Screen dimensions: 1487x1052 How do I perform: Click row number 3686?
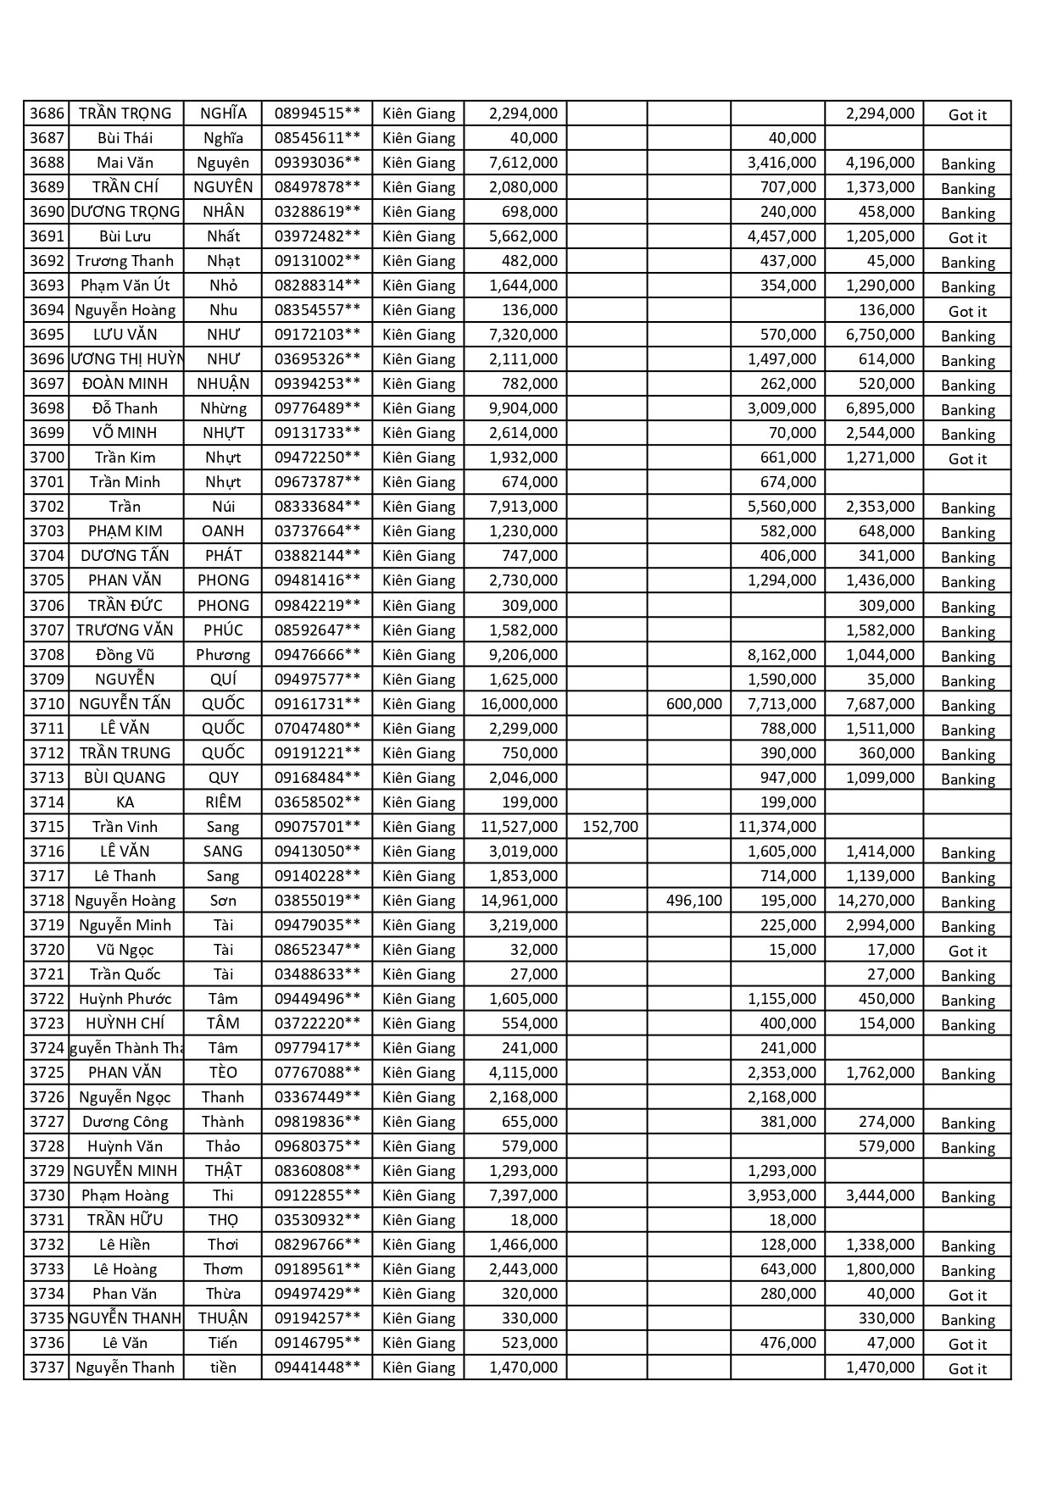click(x=47, y=114)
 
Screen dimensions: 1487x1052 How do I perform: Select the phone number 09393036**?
click(x=317, y=163)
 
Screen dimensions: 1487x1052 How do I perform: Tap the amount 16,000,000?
click(x=519, y=704)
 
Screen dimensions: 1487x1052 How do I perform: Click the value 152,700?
click(x=610, y=827)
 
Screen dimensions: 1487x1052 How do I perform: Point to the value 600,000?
click(x=694, y=704)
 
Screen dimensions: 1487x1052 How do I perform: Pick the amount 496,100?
click(x=694, y=901)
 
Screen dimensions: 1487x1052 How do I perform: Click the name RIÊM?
click(x=223, y=802)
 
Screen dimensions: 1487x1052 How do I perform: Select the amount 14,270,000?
click(x=876, y=901)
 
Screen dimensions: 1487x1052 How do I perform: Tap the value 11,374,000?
click(x=777, y=827)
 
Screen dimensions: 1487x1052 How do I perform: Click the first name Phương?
click(x=223, y=655)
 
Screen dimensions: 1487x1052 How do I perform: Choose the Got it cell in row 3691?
click(x=967, y=238)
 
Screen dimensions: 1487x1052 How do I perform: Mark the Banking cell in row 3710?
click(x=967, y=706)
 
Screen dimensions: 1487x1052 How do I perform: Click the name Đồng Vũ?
click(x=125, y=655)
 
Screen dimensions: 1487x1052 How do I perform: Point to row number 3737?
click(x=47, y=1368)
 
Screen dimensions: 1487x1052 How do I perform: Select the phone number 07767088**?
click(x=317, y=1073)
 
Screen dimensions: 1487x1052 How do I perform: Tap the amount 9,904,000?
click(x=523, y=408)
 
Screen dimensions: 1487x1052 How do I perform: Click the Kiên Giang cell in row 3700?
click(x=419, y=458)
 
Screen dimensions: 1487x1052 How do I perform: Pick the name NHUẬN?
click(x=223, y=384)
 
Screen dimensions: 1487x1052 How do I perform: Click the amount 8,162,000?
click(x=782, y=655)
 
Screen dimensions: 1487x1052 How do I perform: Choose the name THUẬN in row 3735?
click(x=223, y=1318)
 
